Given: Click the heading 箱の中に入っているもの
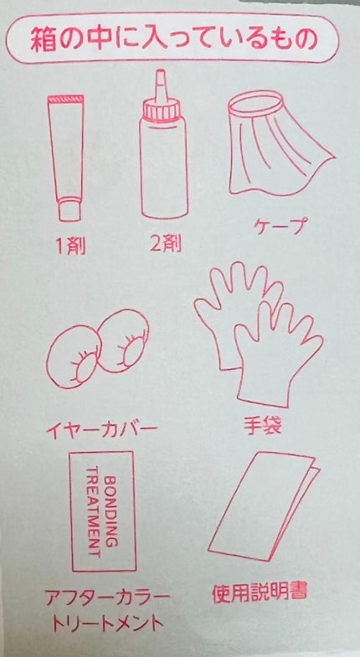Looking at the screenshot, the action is coord(173,40).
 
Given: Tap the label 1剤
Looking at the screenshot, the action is coord(70,246).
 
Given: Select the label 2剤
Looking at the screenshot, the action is coord(166,244).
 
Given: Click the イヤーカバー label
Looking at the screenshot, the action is coord(101,429).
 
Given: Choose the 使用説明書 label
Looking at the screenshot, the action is coord(260,592).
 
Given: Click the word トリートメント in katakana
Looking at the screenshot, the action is coord(107,624).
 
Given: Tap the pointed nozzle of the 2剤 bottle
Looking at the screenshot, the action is coord(162,85).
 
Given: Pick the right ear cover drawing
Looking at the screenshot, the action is coord(123,341).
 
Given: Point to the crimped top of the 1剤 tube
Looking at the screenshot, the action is coord(66,100).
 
